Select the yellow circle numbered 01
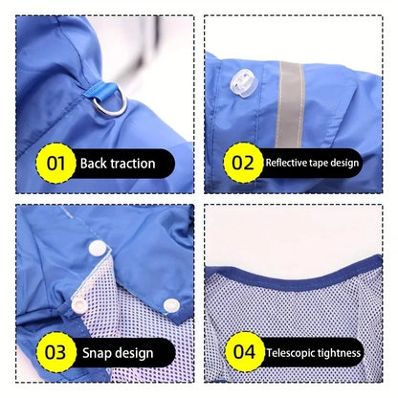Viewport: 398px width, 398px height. pyautogui.click(x=55, y=163)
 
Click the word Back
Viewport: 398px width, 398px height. pyautogui.click(x=93, y=164)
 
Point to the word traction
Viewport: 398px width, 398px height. pyautogui.click(x=132, y=164)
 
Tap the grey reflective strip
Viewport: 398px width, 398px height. pyautogui.click(x=291, y=104)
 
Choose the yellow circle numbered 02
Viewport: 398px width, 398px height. pyautogui.click(x=243, y=163)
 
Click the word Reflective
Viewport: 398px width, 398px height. pyautogui.click(x=286, y=163)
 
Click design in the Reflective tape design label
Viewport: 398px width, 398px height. pyautogui.click(x=344, y=164)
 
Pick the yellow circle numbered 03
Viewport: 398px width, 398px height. pyautogui.click(x=55, y=352)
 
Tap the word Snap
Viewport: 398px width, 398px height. pyautogui.click(x=97, y=353)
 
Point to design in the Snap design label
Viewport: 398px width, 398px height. pyautogui.click(x=134, y=353)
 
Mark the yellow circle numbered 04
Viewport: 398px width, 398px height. pyautogui.click(x=245, y=352)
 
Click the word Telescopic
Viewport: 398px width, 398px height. pyautogui.click(x=290, y=353)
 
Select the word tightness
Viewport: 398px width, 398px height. pyautogui.click(x=338, y=353)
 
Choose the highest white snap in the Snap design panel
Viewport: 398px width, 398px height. pyautogui.click(x=98, y=248)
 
